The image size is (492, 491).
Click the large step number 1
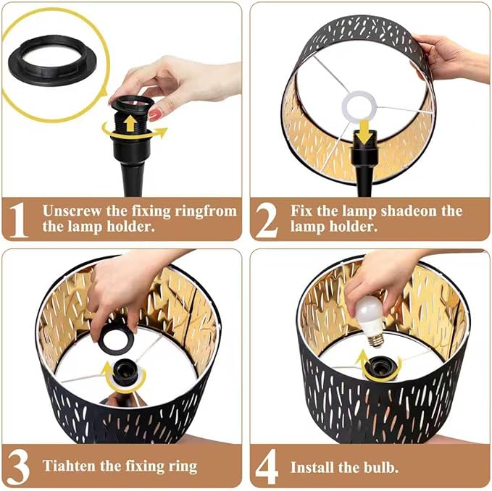tap(20, 219)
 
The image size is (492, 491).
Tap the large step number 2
tap(266, 219)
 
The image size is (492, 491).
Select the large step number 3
tap(19, 465)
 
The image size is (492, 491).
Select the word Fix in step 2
tap(302, 211)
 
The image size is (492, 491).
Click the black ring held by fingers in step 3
tap(117, 339)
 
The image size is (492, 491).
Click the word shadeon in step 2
tap(423, 211)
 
